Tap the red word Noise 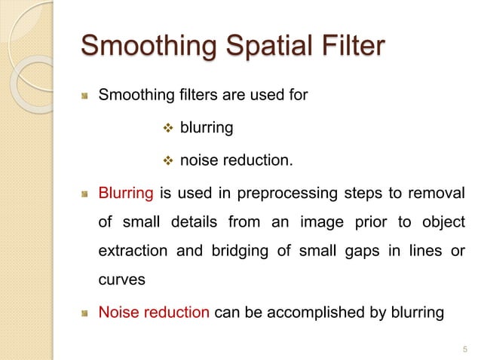tap(117, 310)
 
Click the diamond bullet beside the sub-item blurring tap(169, 129)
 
